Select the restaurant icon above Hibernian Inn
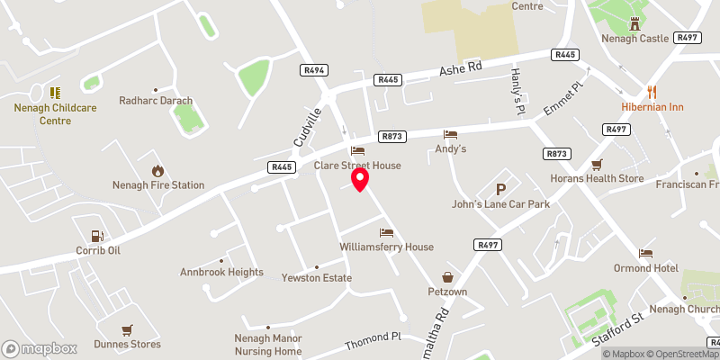pos(652,91)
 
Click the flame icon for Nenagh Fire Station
pos(158,170)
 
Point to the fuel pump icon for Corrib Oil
pos(98,235)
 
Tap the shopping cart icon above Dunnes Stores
pos(127,329)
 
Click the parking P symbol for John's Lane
pos(500,189)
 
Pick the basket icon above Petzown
pos(446,277)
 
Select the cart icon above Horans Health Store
pos(596,164)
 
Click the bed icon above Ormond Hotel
pos(644,253)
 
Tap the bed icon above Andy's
pos(450,133)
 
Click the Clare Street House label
pos(357,166)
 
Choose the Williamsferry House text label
pos(387,247)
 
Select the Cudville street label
pos(307,129)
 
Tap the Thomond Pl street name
pos(373,342)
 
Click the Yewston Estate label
pos(316,278)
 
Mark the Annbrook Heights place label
pos(221,272)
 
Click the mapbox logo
pos(40,348)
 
